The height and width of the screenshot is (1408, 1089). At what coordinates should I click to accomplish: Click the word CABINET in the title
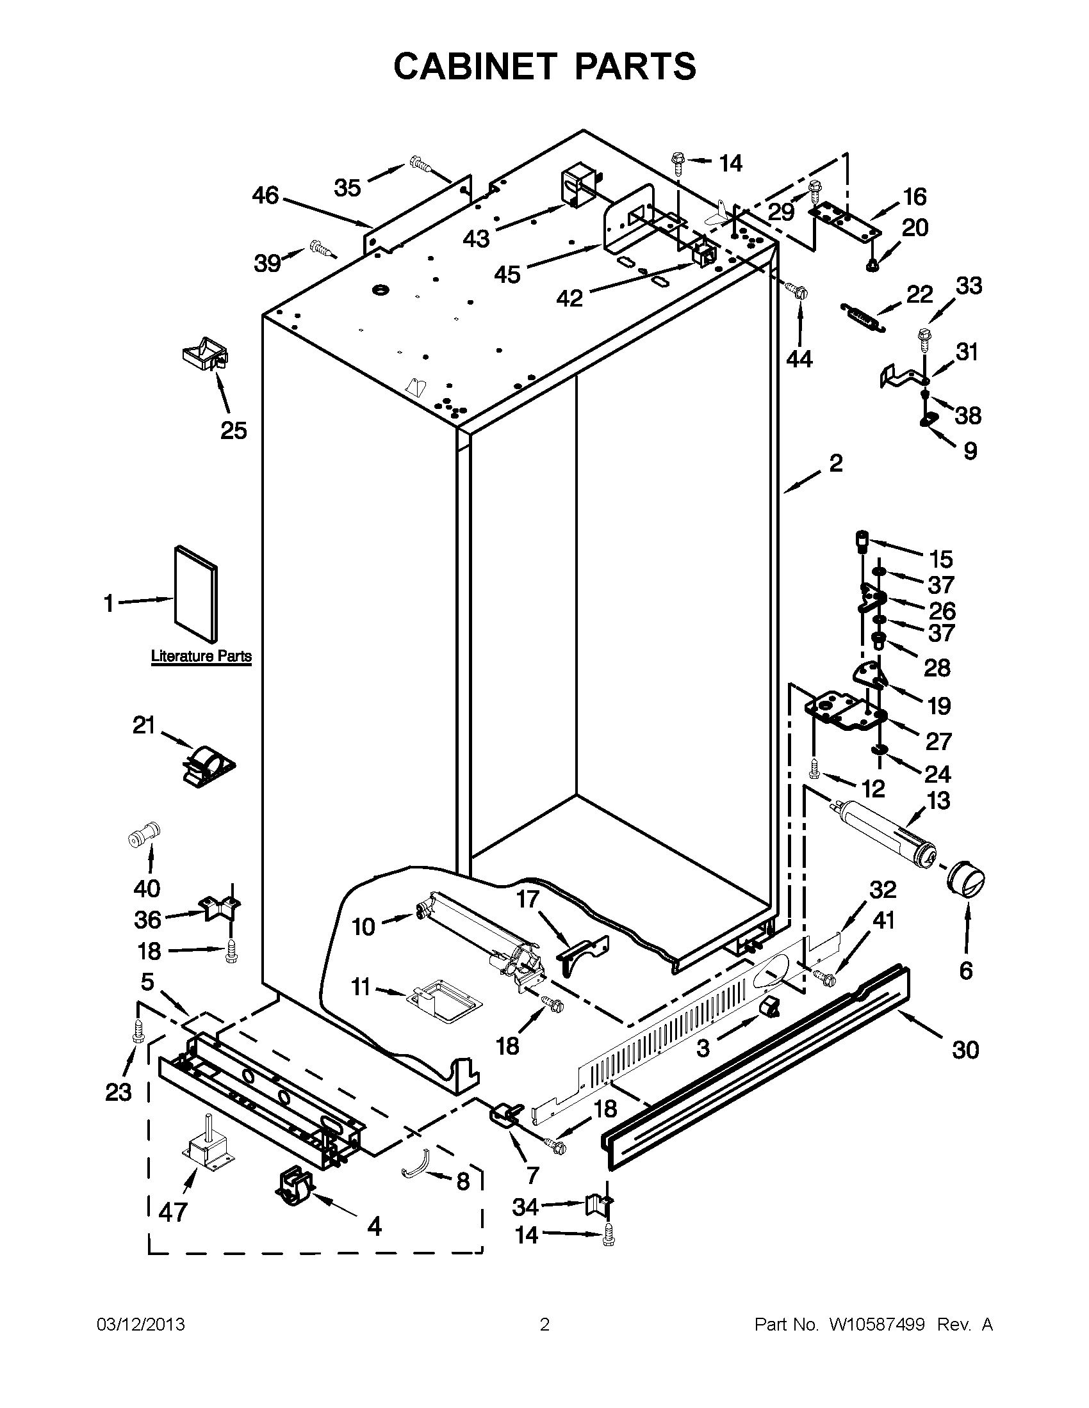tap(475, 67)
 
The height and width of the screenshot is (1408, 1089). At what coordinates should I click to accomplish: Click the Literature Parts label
tap(201, 656)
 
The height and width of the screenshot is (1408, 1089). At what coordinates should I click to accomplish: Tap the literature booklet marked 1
tap(195, 595)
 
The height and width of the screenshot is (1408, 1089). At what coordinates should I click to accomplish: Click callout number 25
tap(234, 430)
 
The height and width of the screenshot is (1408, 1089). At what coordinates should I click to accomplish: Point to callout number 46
tap(265, 195)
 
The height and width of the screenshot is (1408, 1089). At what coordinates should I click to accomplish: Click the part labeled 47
tap(208, 1148)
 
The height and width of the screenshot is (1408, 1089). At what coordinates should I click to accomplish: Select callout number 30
tap(965, 1050)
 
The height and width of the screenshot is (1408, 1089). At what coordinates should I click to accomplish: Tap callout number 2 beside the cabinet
tap(835, 463)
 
